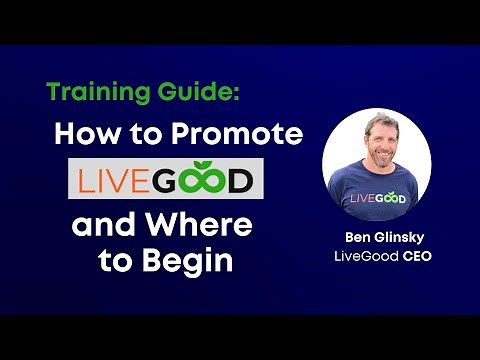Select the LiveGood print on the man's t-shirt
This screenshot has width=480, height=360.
377,197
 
